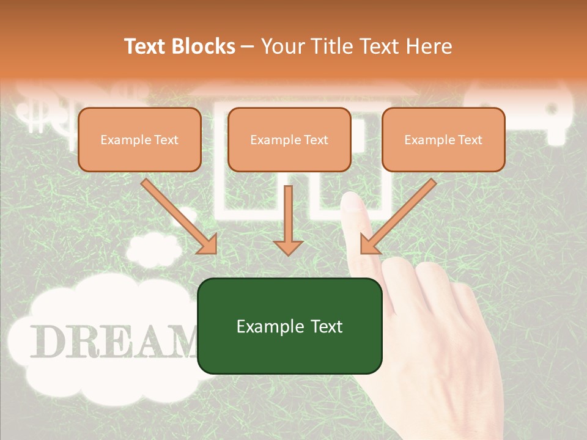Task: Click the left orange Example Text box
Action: tap(139, 139)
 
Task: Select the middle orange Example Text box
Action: tap(289, 139)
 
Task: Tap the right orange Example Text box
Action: tap(443, 139)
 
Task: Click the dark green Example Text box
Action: tap(289, 326)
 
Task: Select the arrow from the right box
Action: tap(401, 214)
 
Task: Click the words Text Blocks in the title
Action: tap(180, 46)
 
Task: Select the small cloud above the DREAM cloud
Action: tap(153, 248)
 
